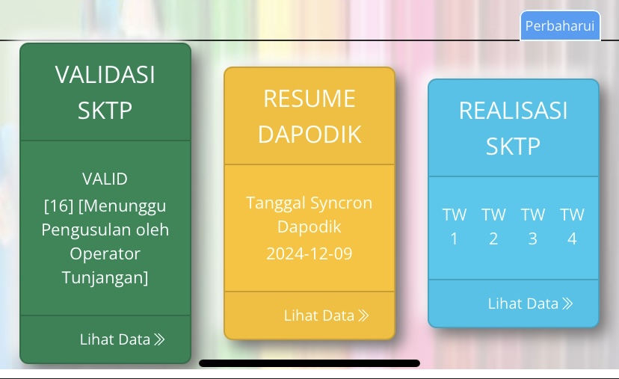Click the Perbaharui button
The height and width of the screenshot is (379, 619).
(560, 25)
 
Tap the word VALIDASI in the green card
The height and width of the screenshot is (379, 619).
(105, 75)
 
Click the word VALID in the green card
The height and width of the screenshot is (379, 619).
(105, 179)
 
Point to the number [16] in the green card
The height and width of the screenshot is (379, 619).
(58, 206)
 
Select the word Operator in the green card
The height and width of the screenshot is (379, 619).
(105, 253)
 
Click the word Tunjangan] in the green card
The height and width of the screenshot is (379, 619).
(105, 277)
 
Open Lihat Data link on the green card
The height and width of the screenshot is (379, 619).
(122, 339)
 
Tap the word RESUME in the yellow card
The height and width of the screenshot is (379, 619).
(309, 99)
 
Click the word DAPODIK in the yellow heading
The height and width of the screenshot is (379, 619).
(309, 135)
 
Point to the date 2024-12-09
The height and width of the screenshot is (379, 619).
(309, 253)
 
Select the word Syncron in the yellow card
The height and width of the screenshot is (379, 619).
(341, 203)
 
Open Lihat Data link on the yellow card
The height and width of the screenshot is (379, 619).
(326, 315)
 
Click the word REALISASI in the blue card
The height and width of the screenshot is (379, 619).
(513, 110)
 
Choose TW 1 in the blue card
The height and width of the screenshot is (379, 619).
(455, 227)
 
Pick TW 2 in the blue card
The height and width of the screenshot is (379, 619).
(493, 227)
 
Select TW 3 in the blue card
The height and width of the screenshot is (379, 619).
(533, 227)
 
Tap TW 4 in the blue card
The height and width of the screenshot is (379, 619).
(572, 227)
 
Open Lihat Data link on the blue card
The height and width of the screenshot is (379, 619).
(530, 303)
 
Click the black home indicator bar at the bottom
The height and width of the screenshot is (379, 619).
(309, 363)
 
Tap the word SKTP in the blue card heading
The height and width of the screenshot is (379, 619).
(513, 147)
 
